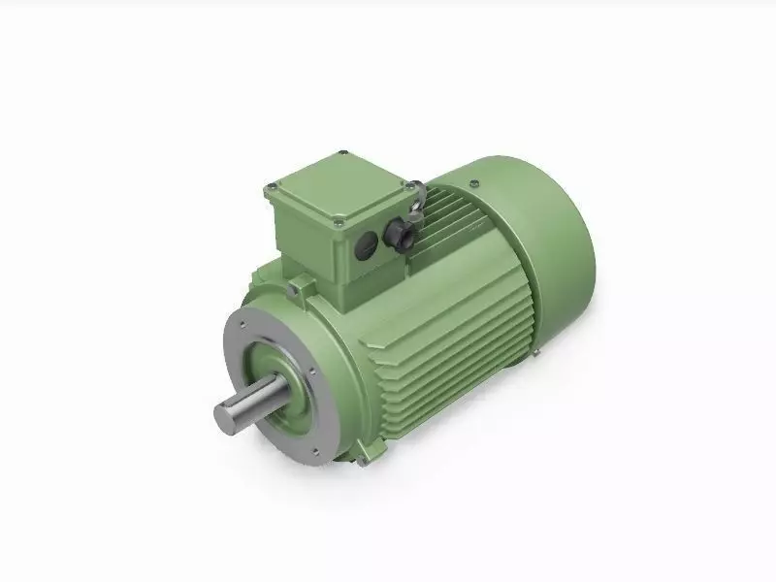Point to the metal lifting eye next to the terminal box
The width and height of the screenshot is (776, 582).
coord(416,198)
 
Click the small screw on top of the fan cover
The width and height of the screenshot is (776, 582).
coord(472,183)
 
